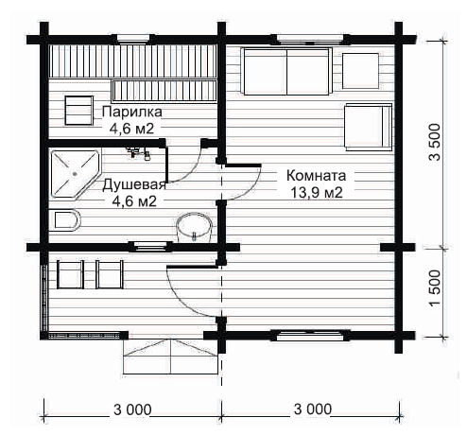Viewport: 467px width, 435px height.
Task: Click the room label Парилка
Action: click(132, 112)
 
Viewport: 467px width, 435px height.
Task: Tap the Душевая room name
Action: click(134, 184)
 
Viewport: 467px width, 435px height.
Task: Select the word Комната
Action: click(316, 175)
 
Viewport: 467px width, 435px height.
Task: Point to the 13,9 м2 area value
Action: click(316, 193)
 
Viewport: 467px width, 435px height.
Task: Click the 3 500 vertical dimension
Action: click(435, 142)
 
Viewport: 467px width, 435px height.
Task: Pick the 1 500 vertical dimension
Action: click(435, 287)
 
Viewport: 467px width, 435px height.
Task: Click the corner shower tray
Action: click(75, 174)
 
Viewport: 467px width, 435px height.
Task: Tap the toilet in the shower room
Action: click(64, 220)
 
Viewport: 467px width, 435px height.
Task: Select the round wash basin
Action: click(194, 228)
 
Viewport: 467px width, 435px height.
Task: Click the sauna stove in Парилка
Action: click(78, 111)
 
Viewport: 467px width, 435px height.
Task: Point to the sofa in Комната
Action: click(286, 71)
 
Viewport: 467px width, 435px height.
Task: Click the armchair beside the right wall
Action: click(368, 127)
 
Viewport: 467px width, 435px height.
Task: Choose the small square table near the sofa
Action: click(360, 71)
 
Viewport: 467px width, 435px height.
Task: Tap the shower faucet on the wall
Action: click(138, 152)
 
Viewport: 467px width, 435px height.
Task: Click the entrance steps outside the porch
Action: click(170, 357)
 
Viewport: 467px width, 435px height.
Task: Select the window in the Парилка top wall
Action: click(133, 39)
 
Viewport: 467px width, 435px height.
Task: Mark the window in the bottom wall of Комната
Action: click(310, 336)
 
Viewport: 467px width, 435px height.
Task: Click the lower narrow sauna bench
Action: click(164, 91)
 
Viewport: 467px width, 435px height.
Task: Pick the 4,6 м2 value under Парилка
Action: click(131, 129)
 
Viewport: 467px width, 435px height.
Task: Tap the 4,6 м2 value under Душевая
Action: click(134, 201)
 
